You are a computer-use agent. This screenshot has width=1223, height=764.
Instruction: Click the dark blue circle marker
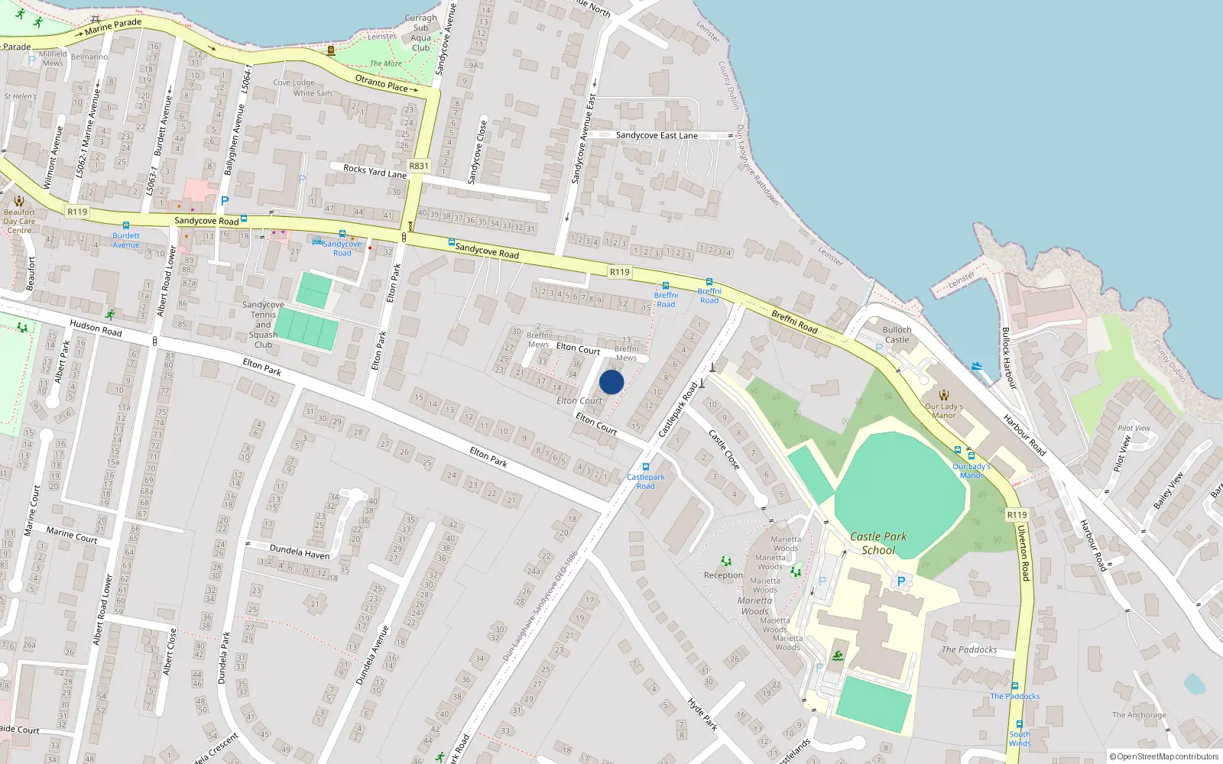pos(611,382)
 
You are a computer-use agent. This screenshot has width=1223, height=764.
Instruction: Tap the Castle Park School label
pos(878,543)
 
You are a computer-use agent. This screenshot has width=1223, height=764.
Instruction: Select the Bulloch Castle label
pos(897,335)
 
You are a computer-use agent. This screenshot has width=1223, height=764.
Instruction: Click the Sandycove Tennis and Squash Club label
pos(263,325)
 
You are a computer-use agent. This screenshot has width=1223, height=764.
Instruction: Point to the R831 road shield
pos(419,166)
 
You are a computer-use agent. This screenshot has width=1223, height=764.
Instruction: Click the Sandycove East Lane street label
pos(657,135)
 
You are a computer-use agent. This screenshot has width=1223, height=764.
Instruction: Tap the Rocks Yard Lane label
pos(375,170)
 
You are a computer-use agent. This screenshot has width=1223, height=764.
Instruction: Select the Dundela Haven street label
pos(300,552)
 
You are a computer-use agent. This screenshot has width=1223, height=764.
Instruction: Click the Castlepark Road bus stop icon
pos(646,467)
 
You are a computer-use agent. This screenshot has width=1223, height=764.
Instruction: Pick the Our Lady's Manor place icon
pos(944,395)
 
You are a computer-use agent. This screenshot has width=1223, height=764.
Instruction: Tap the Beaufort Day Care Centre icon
pos(19,201)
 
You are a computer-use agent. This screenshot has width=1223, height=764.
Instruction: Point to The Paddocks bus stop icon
pos(1015,686)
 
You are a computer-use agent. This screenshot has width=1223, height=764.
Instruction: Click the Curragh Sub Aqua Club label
pos(420,33)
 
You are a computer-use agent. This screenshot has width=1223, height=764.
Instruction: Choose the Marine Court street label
pos(71,534)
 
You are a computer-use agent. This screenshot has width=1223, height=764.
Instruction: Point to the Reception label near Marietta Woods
pos(723,575)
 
